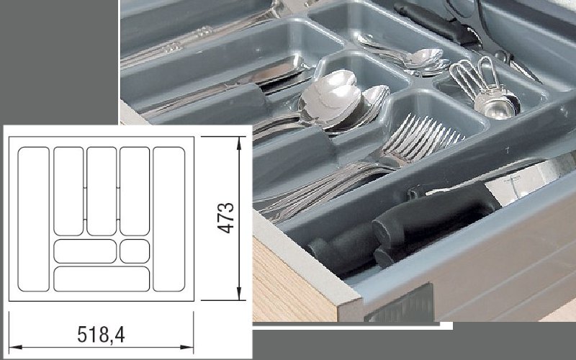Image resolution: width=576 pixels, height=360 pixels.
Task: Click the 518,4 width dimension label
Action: [x=101, y=334]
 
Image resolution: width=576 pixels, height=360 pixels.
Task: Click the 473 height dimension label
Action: [x=226, y=218]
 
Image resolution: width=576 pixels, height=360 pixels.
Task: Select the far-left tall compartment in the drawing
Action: [x=33, y=220]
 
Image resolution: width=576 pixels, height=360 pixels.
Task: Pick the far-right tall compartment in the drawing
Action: [x=169, y=220]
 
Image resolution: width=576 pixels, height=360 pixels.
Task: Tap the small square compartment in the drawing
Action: [x=135, y=251]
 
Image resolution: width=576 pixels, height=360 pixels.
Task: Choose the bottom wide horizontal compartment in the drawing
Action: [x=102, y=279]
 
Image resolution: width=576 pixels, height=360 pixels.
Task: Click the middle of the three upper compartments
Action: [x=102, y=191]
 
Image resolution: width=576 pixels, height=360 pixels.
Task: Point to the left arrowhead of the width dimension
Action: [x=15, y=347]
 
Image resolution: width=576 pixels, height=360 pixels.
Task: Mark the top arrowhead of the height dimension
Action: [x=239, y=143]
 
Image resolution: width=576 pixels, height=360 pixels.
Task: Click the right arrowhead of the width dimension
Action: [x=187, y=347]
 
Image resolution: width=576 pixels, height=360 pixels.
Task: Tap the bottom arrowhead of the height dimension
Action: [x=239, y=294]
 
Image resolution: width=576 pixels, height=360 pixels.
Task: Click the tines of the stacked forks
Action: [x=423, y=137]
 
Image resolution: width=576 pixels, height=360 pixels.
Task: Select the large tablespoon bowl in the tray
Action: [x=330, y=97]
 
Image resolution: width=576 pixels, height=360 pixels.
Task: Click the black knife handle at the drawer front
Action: [x=404, y=228]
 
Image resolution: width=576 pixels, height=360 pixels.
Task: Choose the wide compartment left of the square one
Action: [x=85, y=251]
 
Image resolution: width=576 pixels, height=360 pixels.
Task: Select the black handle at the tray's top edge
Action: [x=436, y=23]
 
